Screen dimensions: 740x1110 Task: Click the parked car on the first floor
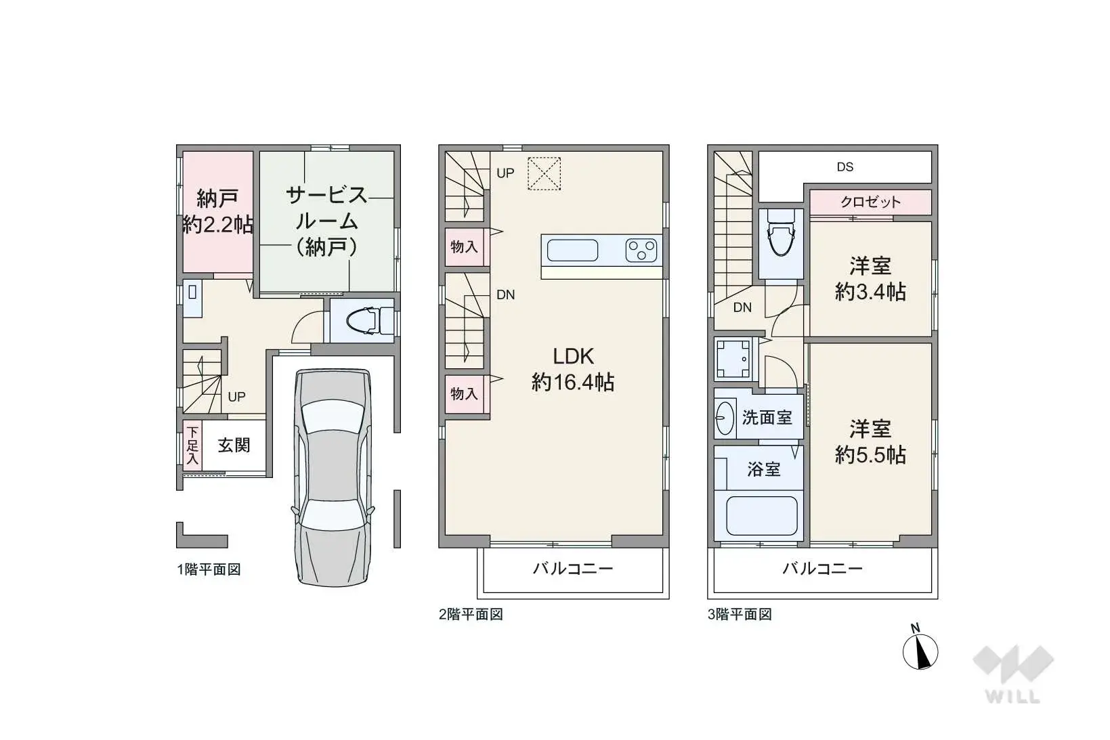tap(333, 477)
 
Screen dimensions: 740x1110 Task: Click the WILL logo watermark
tap(1013, 674)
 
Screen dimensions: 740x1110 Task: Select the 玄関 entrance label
tap(234, 445)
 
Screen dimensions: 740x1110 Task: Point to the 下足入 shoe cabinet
tap(192, 445)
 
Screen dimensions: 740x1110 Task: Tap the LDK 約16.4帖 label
tap(573, 369)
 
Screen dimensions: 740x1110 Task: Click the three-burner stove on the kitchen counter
tap(641, 251)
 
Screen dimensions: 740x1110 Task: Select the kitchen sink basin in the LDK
tap(572, 251)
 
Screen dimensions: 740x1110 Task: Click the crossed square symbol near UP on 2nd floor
tap(544, 173)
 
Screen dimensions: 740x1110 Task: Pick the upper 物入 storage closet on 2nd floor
tap(465, 246)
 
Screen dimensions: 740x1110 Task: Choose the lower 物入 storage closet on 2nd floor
tap(465, 393)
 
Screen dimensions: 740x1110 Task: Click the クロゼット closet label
tap(870, 202)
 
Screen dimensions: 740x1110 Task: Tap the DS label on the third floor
tap(845, 167)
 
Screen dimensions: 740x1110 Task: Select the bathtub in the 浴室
tap(761, 516)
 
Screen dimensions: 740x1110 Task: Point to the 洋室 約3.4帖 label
tap(870, 278)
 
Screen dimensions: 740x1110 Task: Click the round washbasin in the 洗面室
tap(725, 418)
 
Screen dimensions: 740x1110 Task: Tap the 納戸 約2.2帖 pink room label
tap(217, 211)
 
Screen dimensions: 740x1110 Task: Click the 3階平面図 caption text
tap(740, 614)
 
